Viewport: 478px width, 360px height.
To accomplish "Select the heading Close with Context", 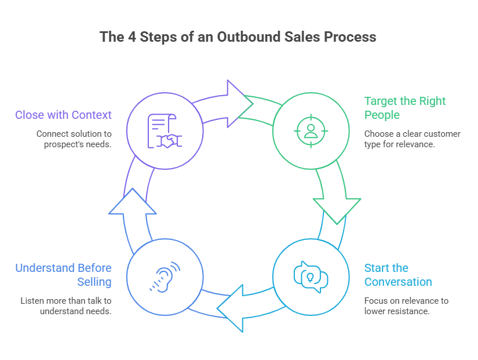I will coord(63,115).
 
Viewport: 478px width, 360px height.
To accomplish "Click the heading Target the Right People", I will coord(405,108).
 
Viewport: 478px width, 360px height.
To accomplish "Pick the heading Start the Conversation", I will coord(398,275).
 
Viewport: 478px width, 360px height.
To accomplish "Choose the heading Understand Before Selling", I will coord(63,275).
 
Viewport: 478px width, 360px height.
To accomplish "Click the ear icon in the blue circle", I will coord(165,277).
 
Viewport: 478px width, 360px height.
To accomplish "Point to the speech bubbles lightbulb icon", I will coord(311,277).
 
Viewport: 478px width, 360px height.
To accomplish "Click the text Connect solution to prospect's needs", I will coord(74,139).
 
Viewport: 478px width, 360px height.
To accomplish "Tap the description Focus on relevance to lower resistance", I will coord(406,306).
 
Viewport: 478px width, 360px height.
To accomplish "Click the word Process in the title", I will coord(350,37).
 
